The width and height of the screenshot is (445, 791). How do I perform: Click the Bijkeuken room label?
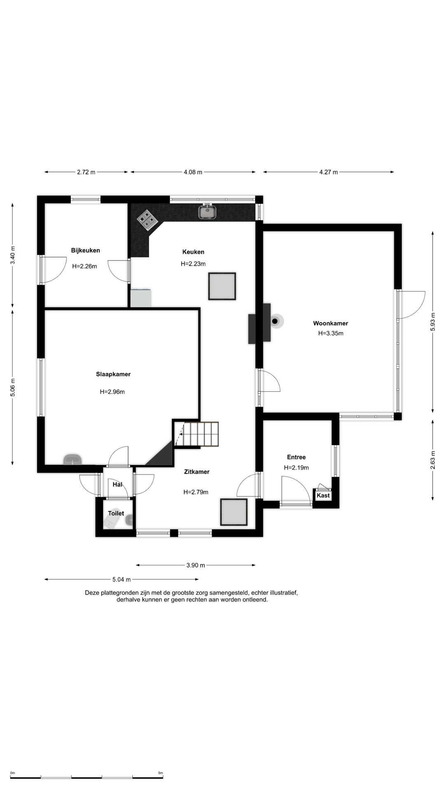pos(85,250)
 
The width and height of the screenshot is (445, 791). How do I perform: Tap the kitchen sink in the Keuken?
pos(208,212)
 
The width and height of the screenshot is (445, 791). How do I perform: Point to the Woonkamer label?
pos(330,323)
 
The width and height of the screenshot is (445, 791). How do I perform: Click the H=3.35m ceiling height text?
pos(330,333)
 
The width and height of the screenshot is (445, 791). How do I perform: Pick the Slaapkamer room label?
pos(113,374)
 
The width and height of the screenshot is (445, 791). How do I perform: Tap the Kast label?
pos(323,496)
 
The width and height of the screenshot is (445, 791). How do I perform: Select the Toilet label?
pos(116,513)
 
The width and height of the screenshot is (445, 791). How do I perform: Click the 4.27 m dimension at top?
pos(328,172)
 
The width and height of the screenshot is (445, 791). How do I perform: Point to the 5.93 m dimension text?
pos(432,322)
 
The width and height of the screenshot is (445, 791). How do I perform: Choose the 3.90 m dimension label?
pos(195,565)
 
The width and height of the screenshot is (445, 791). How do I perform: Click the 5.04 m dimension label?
pos(122,580)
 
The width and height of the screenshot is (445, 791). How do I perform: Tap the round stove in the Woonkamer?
pos(275,321)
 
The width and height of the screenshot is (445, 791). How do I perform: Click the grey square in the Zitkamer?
pos(234,512)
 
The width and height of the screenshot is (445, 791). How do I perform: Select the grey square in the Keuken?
pos(222,286)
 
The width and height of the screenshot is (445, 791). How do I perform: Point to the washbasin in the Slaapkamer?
pos(73,459)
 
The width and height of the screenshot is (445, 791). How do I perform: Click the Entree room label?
pos(296,457)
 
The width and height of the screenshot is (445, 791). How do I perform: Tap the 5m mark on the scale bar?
pos(161,773)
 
